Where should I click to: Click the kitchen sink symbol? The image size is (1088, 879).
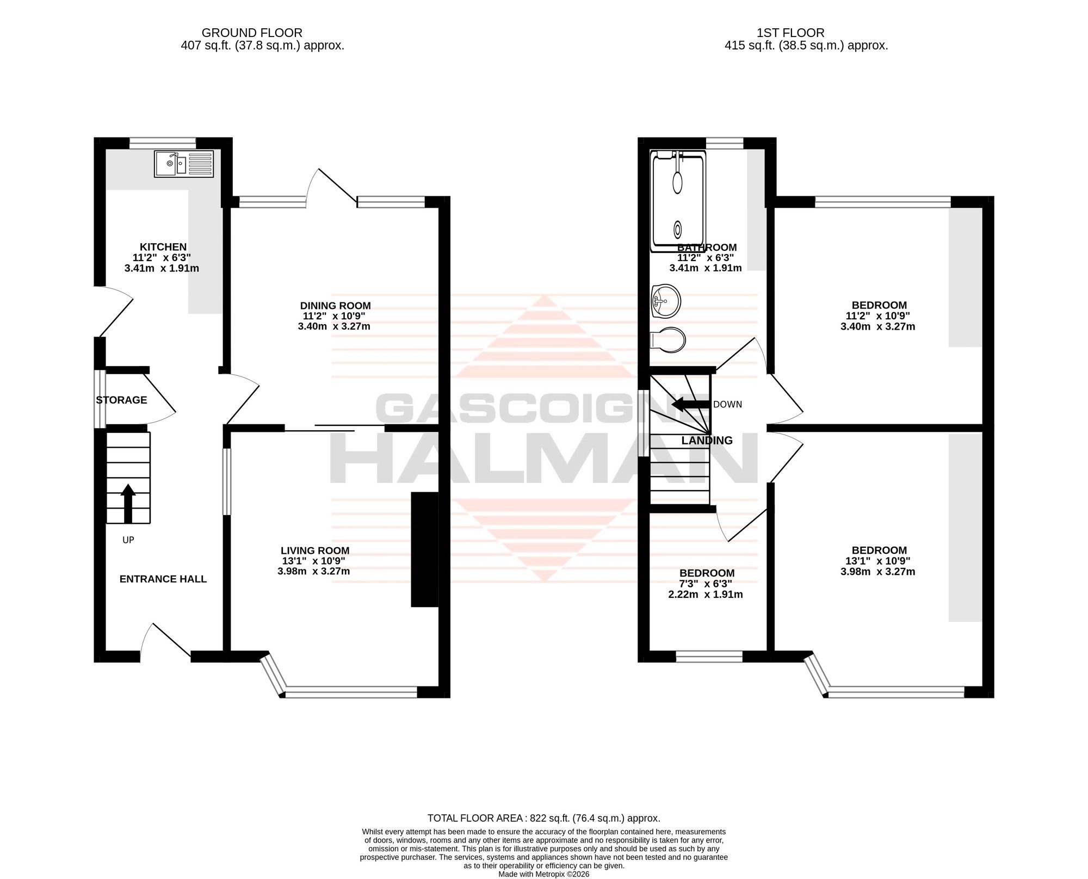184,164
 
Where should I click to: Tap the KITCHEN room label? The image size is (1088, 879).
163,247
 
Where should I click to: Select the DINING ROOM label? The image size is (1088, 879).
336,306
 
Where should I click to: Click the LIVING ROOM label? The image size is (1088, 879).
315,550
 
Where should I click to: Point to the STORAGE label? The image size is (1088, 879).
121,400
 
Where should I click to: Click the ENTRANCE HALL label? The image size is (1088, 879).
163,579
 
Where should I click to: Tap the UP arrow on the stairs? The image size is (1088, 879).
128,503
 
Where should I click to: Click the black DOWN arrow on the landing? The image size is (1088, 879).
691,404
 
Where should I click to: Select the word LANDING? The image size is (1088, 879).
707,441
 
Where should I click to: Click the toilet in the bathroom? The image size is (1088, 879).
669,339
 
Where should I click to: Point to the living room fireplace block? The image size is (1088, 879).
425,549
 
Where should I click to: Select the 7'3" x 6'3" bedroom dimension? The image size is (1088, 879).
706,584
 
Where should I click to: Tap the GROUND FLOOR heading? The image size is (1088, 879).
252,33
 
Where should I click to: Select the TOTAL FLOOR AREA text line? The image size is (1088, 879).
544,833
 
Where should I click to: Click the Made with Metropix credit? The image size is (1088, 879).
544,875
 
